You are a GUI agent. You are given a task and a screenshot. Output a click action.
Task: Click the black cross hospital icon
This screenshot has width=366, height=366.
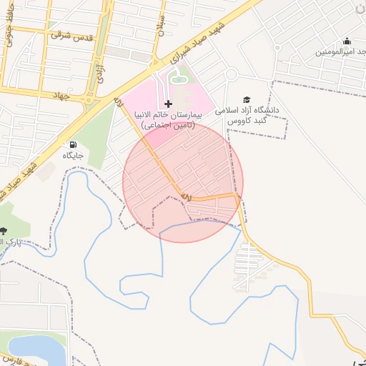pos(168,104)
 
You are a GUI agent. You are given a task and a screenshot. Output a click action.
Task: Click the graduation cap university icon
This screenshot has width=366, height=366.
pos(247,100)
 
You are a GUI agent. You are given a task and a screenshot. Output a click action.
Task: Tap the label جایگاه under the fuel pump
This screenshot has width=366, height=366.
pos(73,155)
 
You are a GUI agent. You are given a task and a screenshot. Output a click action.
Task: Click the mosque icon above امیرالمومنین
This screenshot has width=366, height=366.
pos(347,41)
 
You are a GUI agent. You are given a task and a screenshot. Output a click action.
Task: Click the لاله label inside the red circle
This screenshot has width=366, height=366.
pos(184,194)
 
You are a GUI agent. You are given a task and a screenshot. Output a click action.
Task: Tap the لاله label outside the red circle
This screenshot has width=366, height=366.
pos(117,102)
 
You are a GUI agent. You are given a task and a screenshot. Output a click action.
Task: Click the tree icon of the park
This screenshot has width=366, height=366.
pos(4,230)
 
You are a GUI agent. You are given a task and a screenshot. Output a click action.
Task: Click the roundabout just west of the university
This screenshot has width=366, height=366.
pos(231,74)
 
